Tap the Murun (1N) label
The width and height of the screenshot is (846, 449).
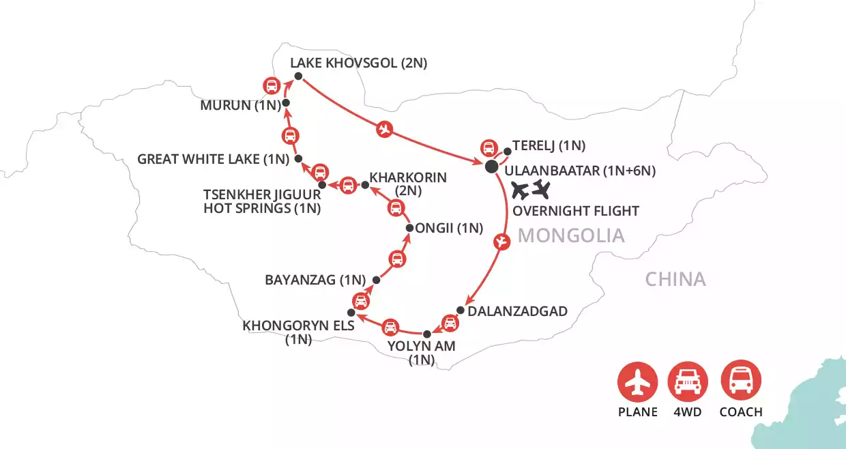coord(237,106)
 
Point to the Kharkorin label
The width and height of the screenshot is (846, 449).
coord(408,177)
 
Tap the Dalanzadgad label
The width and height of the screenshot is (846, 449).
coord(518,311)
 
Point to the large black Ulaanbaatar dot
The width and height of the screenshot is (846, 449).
coord(491,167)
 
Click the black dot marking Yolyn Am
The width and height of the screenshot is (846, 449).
coord(428,334)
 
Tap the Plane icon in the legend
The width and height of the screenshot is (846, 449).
coord(638,381)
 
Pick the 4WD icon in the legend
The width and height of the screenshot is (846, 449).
coord(688,381)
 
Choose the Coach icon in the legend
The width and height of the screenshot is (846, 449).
coord(741,381)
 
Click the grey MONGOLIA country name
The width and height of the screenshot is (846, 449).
coord(571,236)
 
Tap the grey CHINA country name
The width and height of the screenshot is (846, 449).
coord(675,279)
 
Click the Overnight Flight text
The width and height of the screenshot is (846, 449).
coord(576,210)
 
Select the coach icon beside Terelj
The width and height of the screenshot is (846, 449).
coord(488,147)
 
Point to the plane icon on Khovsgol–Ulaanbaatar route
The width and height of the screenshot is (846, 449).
coord(385,128)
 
